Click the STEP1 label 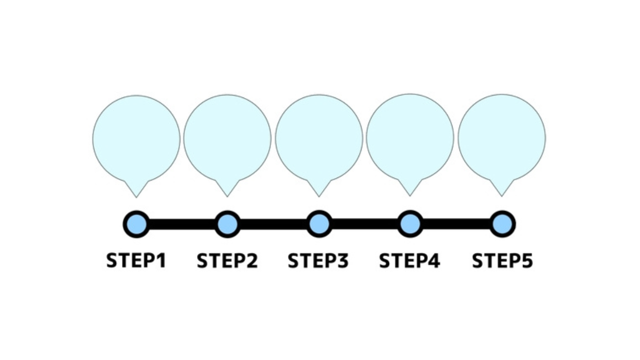(136, 261)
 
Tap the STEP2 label (227, 261)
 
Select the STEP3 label (318, 261)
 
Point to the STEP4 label (409, 261)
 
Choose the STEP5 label (502, 261)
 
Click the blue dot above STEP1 (136, 224)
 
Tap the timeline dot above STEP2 (227, 224)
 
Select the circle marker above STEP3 (319, 224)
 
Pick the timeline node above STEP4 (410, 224)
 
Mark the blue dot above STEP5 (502, 224)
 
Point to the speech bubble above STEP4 (410, 138)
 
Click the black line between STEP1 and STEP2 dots (181, 224)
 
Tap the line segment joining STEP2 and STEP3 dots (273, 224)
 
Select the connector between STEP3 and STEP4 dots (364, 224)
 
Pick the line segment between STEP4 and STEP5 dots (456, 224)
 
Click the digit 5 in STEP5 (527, 261)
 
